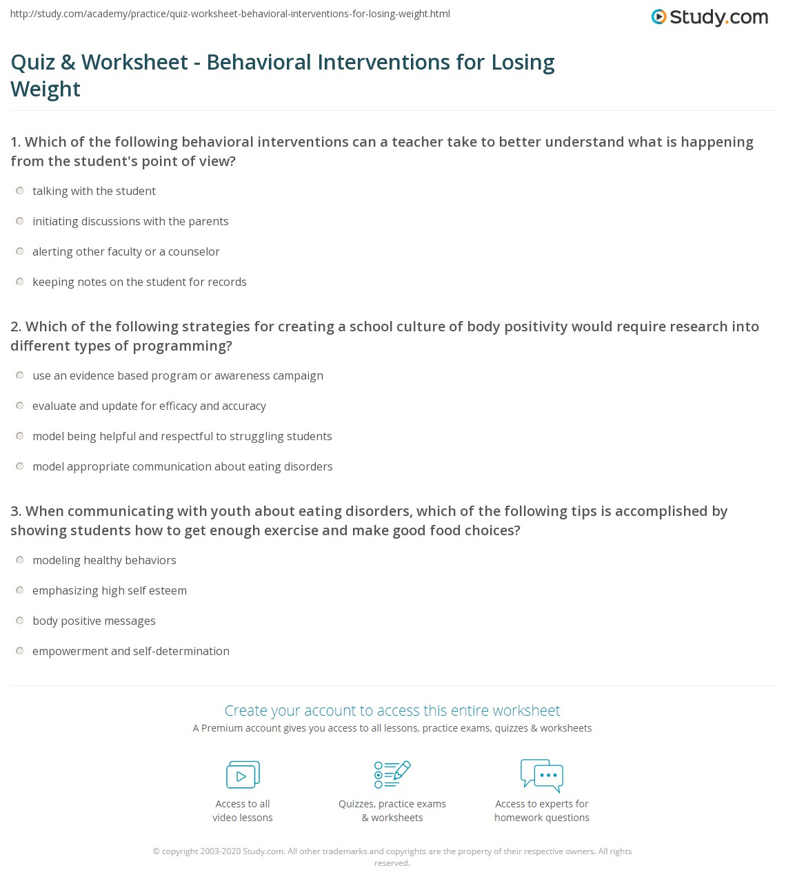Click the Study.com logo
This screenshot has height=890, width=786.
click(709, 17)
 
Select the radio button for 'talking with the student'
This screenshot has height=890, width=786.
click(20, 191)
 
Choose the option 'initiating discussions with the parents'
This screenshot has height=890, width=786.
click(20, 221)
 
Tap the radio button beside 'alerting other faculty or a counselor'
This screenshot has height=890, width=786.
click(20, 251)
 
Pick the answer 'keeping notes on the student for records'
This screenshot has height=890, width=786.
click(20, 282)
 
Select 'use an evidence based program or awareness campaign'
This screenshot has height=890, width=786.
click(20, 375)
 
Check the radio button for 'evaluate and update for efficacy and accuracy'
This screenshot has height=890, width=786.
click(20, 406)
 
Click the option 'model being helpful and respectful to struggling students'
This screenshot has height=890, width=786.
click(20, 436)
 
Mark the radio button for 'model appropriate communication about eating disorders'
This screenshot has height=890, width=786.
click(20, 466)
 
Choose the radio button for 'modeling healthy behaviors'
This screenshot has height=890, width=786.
click(20, 560)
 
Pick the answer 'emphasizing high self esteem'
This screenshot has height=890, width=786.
click(20, 590)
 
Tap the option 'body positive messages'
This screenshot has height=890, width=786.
click(20, 621)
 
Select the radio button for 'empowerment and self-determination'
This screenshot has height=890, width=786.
click(20, 651)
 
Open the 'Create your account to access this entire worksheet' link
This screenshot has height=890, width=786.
click(392, 710)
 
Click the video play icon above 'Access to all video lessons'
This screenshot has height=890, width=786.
click(243, 775)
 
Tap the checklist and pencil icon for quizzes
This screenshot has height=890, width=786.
click(392, 774)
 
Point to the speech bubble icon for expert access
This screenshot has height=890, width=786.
click(542, 774)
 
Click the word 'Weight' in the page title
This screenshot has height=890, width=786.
click(46, 90)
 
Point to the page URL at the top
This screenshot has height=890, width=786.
click(230, 14)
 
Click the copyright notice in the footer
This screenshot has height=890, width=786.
click(392, 856)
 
